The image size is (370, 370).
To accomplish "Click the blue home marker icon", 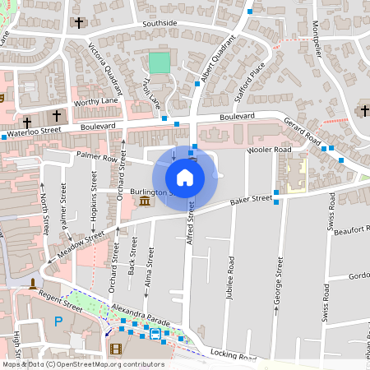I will point(185,177).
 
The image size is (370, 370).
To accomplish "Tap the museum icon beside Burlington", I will point(145,202).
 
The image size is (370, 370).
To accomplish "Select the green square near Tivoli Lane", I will point(159,62).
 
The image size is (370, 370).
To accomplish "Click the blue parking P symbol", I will point(58,321).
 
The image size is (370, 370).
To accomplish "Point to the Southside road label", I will point(160,23).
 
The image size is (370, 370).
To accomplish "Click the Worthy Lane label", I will point(96,101).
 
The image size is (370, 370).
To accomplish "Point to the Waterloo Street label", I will point(35,131).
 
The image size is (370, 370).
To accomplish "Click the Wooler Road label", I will point(271,150).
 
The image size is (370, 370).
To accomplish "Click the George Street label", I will point(279,284).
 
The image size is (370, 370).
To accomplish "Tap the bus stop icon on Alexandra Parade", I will point(155,333).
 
